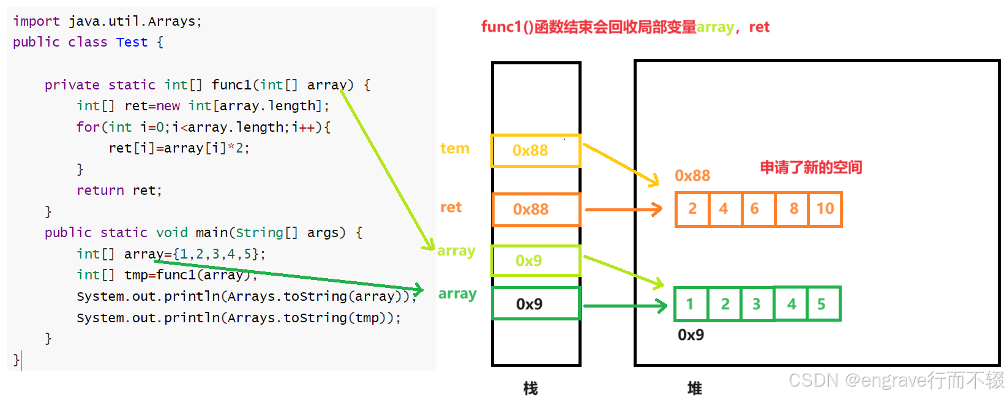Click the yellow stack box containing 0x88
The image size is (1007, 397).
536,151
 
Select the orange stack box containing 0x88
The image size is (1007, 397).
536,210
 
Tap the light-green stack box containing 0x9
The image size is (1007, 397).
536,261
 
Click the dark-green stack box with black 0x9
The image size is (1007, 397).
536,304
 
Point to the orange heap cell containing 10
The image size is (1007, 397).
825,209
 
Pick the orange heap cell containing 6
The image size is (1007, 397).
757,209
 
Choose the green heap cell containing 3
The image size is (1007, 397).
757,304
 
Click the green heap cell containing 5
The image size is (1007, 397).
823,304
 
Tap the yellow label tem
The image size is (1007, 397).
455,148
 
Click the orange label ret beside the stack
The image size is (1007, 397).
451,207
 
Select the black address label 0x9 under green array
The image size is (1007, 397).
691,335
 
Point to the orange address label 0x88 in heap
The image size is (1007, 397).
692,176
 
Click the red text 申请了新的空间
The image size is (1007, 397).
810,167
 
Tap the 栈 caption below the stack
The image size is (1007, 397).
530,388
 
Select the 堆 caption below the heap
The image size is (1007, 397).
694,388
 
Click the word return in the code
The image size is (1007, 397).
100,191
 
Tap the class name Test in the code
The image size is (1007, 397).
132,42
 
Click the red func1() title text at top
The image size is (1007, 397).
588,27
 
